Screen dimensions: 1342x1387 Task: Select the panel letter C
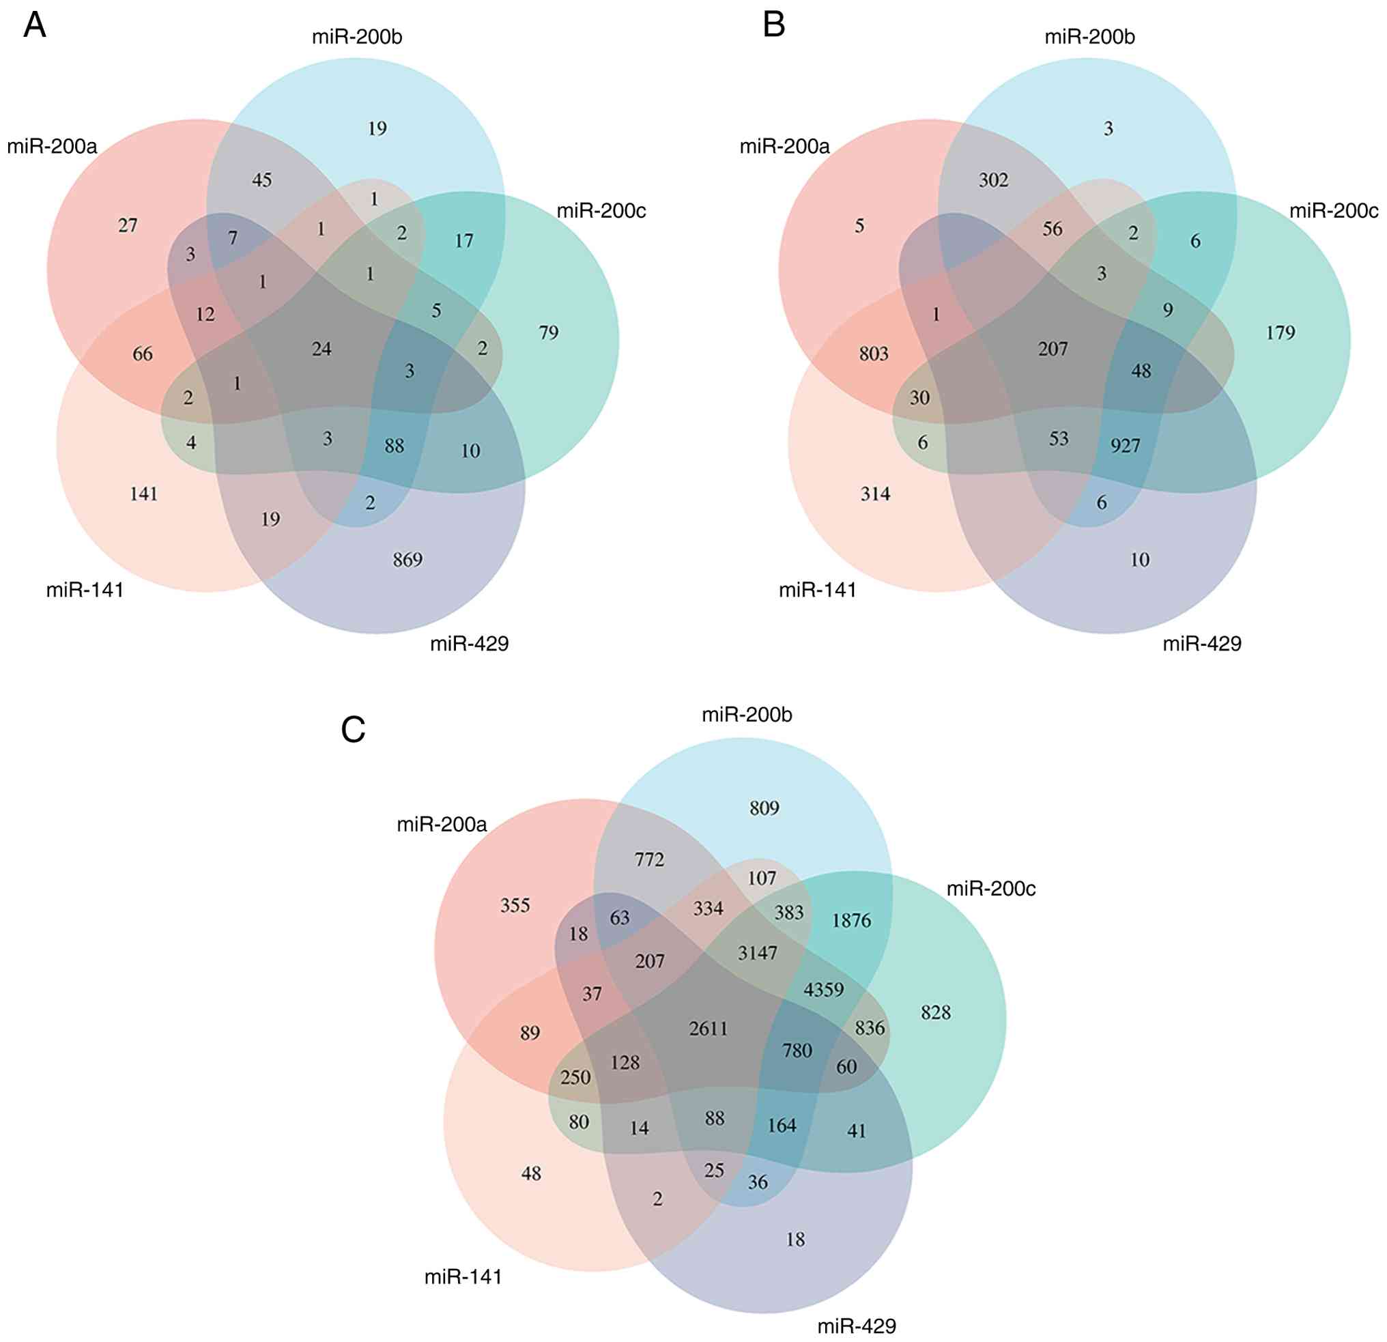coord(353,730)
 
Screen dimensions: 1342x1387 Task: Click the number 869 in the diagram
coord(407,560)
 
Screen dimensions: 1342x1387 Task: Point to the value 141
coord(143,494)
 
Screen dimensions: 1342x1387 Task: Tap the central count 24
coord(322,348)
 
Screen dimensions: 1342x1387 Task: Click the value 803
coord(874,353)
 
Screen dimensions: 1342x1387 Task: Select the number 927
coord(1125,445)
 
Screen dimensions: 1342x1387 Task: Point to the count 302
coord(994,180)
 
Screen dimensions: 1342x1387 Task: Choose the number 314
coord(875,494)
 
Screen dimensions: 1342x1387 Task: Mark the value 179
coord(1281,332)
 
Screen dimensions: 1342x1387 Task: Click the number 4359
coord(824,989)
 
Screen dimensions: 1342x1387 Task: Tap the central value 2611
coord(709,1028)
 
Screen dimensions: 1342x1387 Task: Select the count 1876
coord(851,920)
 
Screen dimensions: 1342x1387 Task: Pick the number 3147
coord(758,953)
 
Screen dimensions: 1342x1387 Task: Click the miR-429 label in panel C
coord(856,1326)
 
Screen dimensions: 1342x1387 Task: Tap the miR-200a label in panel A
coord(53,147)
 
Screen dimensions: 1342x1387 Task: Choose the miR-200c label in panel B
coord(1333,211)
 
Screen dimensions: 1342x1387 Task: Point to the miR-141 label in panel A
coord(85,590)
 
